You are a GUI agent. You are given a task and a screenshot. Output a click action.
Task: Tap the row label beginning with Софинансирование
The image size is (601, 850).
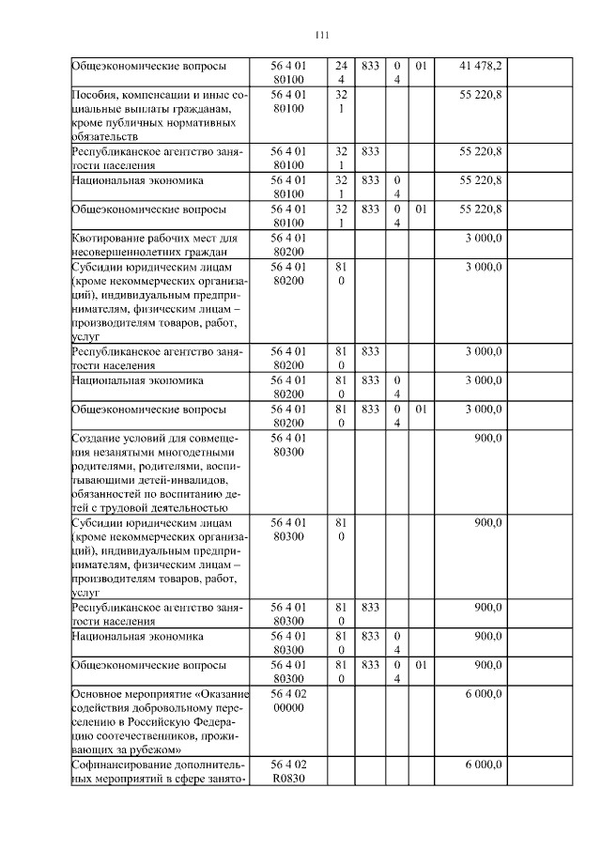point(156,773)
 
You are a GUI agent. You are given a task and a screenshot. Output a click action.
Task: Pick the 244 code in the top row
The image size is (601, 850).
point(341,72)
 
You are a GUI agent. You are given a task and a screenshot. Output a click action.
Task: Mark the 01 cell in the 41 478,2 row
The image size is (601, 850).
point(421,66)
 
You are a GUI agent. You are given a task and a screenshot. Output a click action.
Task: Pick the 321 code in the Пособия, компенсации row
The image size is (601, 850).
point(341,102)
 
